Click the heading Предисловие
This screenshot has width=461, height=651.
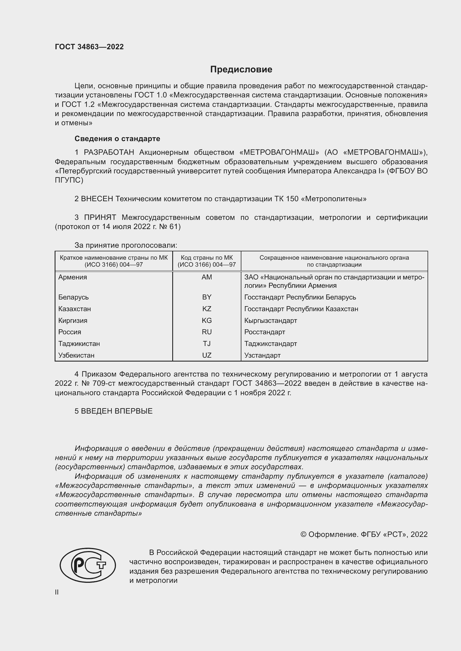point(241,70)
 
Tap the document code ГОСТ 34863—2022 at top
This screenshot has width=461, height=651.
point(89,47)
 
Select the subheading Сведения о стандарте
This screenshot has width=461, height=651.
point(117,139)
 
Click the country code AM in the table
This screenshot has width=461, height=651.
point(207,277)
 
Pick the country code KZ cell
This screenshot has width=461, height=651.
point(207,309)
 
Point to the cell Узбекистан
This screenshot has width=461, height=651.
point(76,355)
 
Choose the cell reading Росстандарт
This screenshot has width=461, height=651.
point(265,332)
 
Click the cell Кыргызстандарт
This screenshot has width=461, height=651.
point(271,320)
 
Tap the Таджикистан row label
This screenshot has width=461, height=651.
point(79,344)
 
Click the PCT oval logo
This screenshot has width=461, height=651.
point(88,565)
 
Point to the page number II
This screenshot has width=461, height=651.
point(57,592)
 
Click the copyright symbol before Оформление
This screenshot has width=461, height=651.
point(303,534)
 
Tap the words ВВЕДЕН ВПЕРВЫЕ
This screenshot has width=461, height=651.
point(117,411)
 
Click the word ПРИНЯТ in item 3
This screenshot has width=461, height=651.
point(100,217)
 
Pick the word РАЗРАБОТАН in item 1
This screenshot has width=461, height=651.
point(109,153)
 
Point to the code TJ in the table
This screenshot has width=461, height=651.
point(207,344)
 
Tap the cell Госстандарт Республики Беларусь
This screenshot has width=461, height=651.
point(300,297)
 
